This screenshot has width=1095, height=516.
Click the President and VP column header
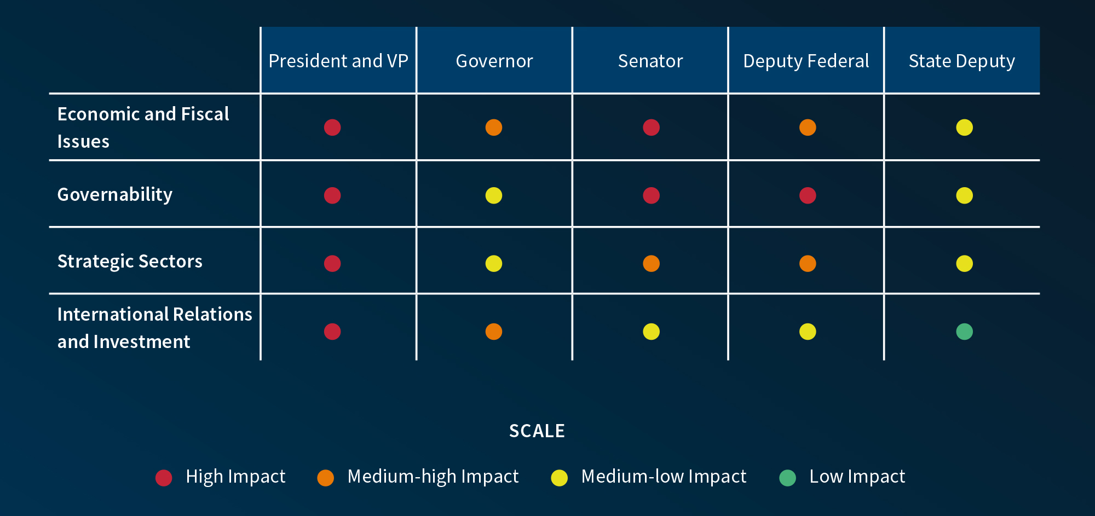(x=338, y=61)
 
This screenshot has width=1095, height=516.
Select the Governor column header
(x=494, y=61)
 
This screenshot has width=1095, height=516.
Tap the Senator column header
(x=650, y=61)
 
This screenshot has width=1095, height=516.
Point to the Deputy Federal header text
(x=806, y=61)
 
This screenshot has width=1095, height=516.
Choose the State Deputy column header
(x=961, y=61)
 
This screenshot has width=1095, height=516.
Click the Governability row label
(x=115, y=194)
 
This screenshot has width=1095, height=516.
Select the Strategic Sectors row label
(x=130, y=261)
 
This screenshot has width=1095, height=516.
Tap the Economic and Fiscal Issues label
(x=143, y=127)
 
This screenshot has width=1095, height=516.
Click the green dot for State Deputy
(x=964, y=332)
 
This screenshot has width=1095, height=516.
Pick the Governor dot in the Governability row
(x=494, y=195)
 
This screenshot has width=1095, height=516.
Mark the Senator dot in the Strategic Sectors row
(x=651, y=264)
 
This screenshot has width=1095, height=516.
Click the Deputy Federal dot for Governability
(x=808, y=195)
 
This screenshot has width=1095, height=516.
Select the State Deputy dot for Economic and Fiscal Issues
(x=964, y=127)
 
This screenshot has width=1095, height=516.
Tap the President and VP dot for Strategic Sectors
(x=332, y=264)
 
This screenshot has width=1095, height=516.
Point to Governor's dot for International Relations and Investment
(x=494, y=332)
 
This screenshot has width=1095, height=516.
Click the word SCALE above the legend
(x=537, y=431)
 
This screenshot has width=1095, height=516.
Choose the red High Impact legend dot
(x=164, y=478)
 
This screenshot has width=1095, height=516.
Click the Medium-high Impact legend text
(x=433, y=476)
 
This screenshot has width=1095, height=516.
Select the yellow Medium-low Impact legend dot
(x=559, y=478)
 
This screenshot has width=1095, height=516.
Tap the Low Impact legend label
(x=857, y=476)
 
